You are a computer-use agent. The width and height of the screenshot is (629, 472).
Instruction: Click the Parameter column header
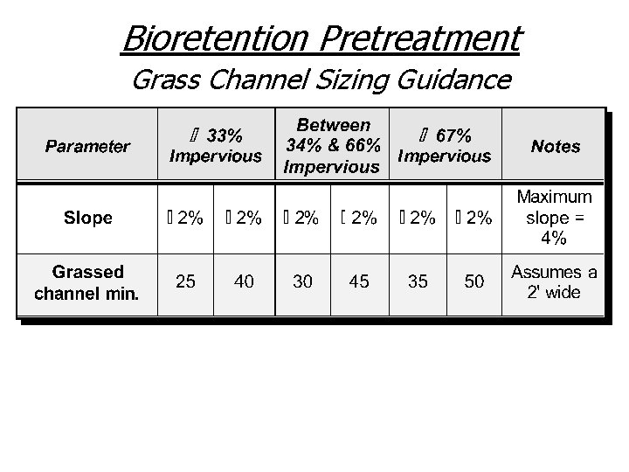click(87, 146)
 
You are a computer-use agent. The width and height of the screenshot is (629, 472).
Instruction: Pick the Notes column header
click(555, 146)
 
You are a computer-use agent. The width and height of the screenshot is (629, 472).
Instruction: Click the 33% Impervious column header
click(215, 146)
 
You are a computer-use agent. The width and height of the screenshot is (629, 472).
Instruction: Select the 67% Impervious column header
click(444, 146)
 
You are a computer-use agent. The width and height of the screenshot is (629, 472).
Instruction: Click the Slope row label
click(87, 218)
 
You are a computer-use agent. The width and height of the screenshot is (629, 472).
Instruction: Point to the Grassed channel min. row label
click(87, 282)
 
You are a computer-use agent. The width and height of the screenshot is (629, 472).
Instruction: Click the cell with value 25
click(185, 281)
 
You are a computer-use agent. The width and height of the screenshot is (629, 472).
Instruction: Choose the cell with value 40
click(245, 281)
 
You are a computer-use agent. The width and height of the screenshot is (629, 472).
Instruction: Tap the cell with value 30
click(302, 281)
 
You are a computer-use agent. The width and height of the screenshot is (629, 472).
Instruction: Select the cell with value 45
click(358, 281)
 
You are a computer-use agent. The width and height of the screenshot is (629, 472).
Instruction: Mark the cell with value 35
click(418, 281)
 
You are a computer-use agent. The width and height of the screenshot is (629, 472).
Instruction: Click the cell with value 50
click(473, 281)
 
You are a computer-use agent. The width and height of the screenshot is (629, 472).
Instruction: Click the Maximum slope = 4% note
click(555, 218)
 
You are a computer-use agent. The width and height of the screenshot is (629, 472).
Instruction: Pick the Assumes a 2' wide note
click(555, 281)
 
